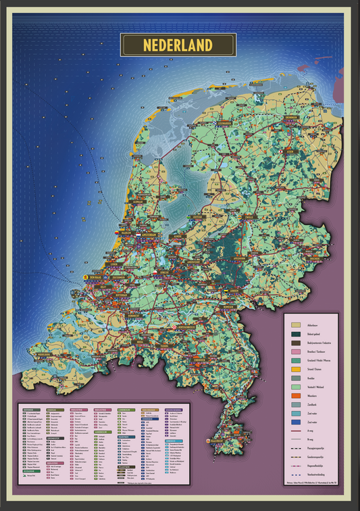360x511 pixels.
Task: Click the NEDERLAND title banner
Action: [178, 45]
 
